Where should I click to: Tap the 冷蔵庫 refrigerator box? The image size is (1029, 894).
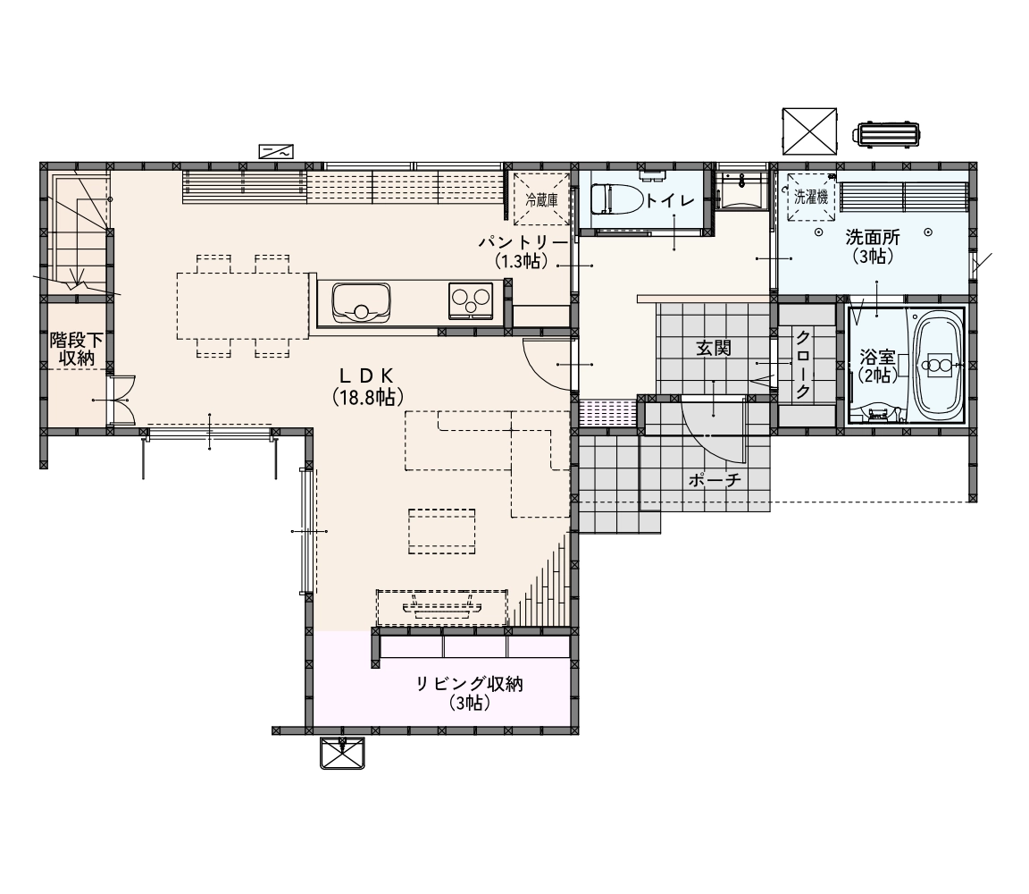(540, 199)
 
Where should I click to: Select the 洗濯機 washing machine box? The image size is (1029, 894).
(811, 197)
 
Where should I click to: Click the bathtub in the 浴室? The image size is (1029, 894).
(938, 366)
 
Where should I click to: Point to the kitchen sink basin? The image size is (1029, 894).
(361, 303)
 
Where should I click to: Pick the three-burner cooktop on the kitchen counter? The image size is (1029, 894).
(471, 301)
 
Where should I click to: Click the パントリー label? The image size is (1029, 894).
(523, 243)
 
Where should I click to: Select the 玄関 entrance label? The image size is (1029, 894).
(714, 348)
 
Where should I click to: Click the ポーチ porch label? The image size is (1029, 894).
(715, 480)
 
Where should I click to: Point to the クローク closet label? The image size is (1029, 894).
(802, 366)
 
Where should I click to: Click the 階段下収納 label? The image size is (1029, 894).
(77, 350)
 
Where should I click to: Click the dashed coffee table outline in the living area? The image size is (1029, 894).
(441, 531)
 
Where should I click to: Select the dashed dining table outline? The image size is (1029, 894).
(243, 306)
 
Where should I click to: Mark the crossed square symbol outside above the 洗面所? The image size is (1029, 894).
(810, 131)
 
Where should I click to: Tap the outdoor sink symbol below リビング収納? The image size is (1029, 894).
(342, 753)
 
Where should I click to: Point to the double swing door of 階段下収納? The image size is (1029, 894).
(121, 401)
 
